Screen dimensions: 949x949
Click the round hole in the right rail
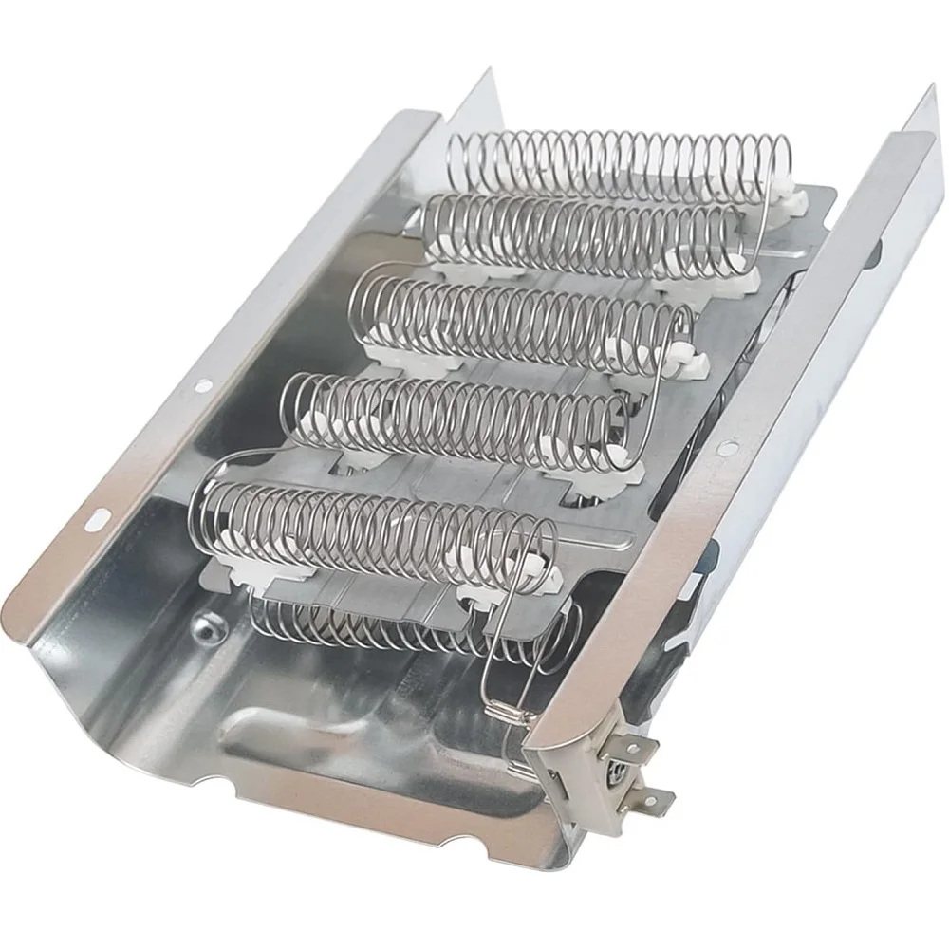726,445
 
